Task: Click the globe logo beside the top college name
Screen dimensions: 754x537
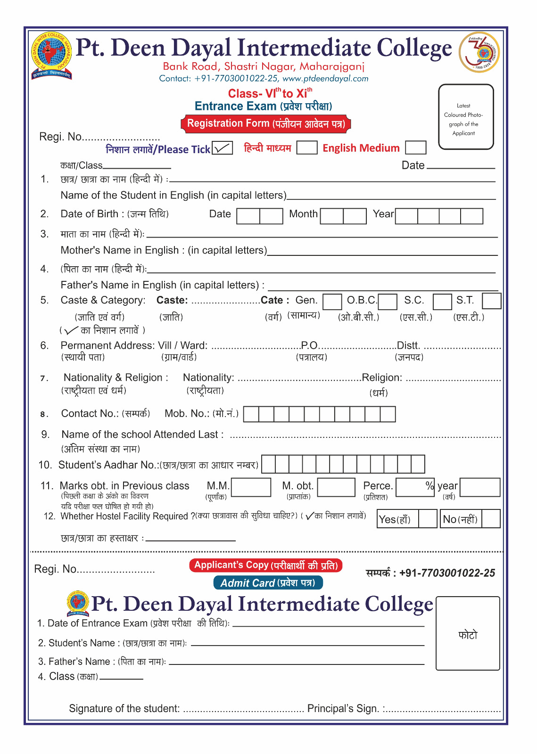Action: (52, 55)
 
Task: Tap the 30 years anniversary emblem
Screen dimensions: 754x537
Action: (479, 52)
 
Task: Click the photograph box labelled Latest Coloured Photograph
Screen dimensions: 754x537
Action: (466, 117)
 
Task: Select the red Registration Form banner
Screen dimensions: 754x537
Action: (266, 124)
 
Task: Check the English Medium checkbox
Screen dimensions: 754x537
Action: (415, 148)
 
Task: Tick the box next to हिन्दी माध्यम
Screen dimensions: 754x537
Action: (306, 148)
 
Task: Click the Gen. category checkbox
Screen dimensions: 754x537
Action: (332, 302)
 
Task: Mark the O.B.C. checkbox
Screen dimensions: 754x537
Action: (388, 302)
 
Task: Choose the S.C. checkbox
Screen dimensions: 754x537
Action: (442, 302)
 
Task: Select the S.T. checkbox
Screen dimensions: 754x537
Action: (491, 301)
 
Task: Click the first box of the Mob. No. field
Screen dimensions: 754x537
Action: (251, 414)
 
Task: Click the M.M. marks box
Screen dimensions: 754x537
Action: (251, 487)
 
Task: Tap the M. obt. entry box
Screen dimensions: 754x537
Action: (336, 487)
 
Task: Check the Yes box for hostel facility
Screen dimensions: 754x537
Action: (428, 519)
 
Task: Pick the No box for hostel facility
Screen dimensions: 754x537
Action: (491, 519)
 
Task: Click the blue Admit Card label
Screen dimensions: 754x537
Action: (268, 583)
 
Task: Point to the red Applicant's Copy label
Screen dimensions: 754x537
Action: (266, 565)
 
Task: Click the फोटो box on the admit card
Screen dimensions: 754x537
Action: (468, 633)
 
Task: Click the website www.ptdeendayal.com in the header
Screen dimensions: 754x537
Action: (325, 79)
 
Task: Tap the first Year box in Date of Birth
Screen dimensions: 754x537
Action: (406, 216)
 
